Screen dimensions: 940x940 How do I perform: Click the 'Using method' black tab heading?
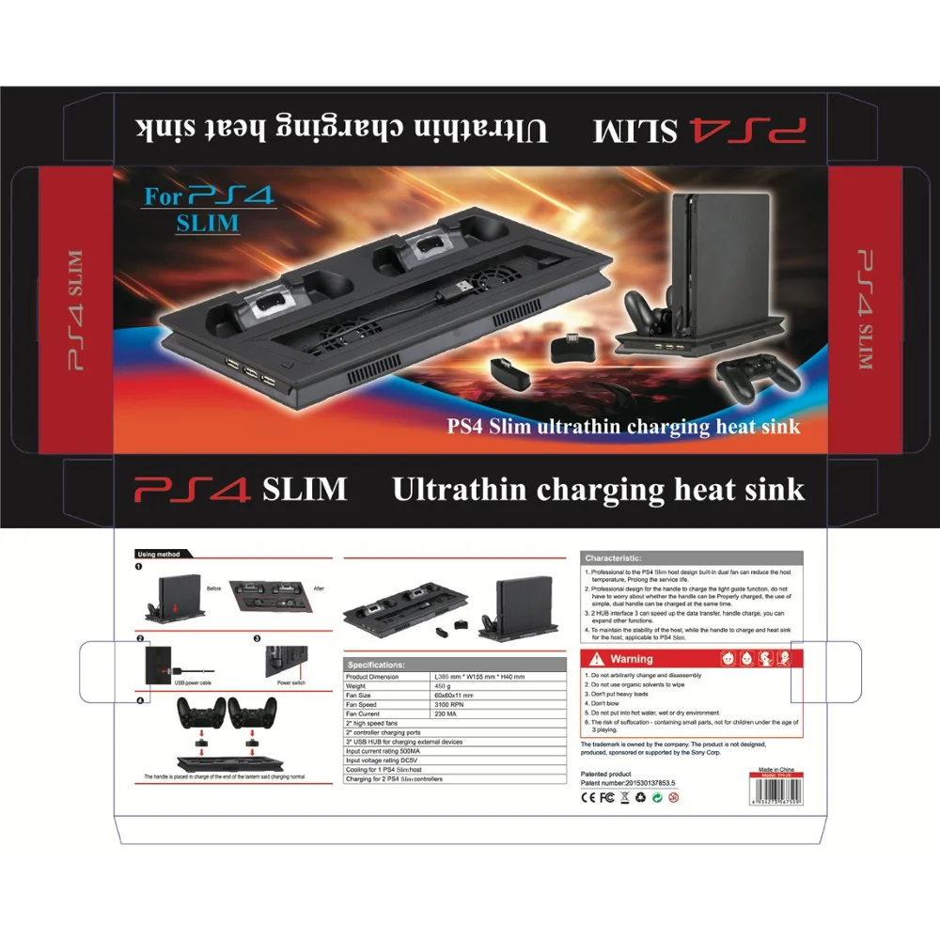click(x=160, y=555)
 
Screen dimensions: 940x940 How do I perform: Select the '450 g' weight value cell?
click(x=443, y=685)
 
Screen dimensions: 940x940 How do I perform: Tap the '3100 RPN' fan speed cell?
click(x=452, y=704)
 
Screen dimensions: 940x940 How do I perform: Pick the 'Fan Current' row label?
click(x=367, y=713)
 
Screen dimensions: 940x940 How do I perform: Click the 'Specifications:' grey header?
click(x=377, y=665)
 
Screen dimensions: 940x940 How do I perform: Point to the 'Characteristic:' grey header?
click(x=614, y=558)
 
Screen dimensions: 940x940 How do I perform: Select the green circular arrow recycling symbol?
click(x=657, y=797)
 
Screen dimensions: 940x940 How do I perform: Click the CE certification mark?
click(x=588, y=797)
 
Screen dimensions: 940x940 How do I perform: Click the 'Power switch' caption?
click(x=291, y=682)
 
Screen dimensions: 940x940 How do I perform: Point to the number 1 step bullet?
click(x=138, y=568)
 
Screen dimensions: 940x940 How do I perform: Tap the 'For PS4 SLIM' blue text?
click(x=208, y=210)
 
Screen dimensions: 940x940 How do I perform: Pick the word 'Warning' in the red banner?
click(x=631, y=660)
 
